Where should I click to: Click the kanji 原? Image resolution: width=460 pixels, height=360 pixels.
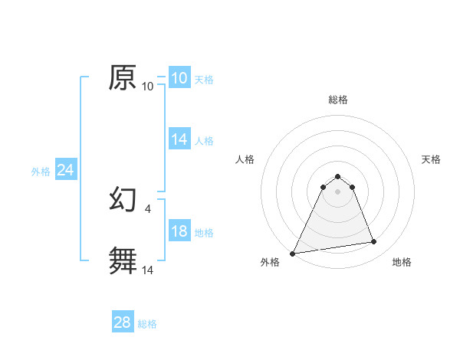point(123,77)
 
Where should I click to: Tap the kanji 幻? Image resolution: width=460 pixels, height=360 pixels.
point(123,200)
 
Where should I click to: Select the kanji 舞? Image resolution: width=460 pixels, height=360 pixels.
point(123,260)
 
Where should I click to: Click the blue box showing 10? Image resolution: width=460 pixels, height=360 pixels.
point(179,78)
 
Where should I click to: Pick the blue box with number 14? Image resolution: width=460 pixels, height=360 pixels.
point(179,139)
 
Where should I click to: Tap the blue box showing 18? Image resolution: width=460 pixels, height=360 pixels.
point(179,231)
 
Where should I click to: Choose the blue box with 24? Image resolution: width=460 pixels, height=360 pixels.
point(66,170)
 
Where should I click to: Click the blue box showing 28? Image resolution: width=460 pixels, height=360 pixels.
point(123,322)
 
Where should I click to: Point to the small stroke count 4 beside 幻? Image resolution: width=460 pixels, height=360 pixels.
point(147,208)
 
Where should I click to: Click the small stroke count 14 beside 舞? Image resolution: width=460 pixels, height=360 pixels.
point(148,270)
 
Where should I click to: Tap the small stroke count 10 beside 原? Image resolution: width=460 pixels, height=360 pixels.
point(148,87)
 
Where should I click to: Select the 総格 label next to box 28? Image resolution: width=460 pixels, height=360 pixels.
point(147,324)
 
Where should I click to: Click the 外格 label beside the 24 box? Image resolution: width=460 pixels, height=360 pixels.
point(41,172)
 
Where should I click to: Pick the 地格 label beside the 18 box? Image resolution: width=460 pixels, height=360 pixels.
point(204,233)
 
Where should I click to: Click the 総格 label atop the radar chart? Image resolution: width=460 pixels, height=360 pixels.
point(337,100)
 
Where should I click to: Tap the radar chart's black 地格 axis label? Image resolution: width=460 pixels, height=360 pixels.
point(402,262)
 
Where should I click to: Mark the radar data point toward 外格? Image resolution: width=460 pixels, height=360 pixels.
point(293,253)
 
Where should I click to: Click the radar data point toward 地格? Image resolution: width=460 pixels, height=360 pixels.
point(373,242)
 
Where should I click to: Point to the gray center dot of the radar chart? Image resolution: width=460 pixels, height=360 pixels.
point(337,191)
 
